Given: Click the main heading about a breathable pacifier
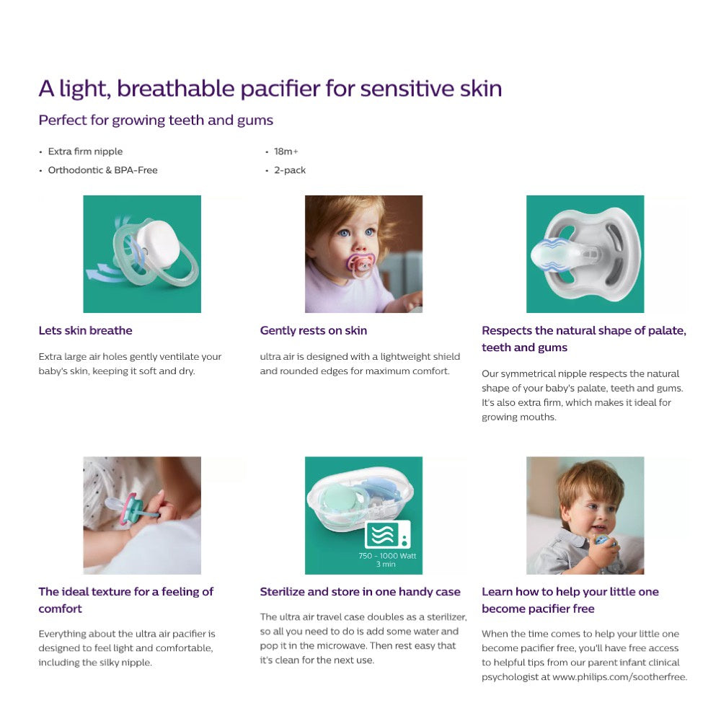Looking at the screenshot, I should click(270, 89).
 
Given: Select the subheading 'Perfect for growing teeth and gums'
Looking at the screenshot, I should click(156, 120).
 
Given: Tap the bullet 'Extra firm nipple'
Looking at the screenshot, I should click(85, 151).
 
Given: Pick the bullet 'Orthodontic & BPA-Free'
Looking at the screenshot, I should click(102, 170).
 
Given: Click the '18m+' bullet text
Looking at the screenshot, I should click(286, 151).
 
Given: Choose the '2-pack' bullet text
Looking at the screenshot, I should click(289, 170).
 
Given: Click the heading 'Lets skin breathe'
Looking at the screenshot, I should click(85, 331).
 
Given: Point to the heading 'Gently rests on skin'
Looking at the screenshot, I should click(313, 331).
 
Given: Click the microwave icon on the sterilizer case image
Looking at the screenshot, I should click(387, 535).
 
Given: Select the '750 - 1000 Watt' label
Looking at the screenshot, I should click(387, 556).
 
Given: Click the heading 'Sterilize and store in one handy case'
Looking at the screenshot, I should click(360, 592).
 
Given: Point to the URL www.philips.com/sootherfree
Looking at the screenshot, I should click(619, 677).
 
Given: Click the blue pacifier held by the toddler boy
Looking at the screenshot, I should click(601, 541).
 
